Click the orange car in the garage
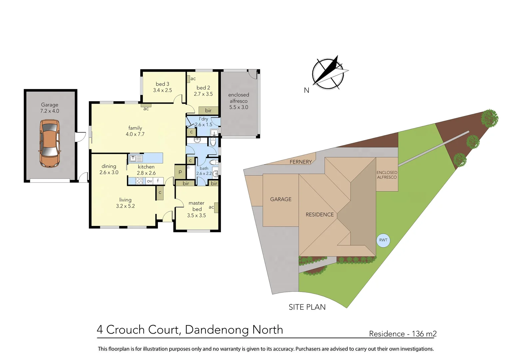tap(50, 143)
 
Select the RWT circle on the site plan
tap(383, 240)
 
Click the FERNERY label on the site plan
tap(300, 162)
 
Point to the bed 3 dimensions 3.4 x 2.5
tap(163, 90)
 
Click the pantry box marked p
tap(180, 172)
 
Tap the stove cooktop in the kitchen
tap(139, 181)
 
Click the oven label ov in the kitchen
tap(150, 181)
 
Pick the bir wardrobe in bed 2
tap(208, 110)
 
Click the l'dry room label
tap(204, 119)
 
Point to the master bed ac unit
tap(216, 207)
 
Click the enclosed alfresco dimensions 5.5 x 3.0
tap(239, 107)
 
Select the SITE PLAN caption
tap(307, 307)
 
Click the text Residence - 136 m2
tap(402, 334)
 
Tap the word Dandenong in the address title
tap(216, 330)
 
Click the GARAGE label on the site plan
tap(280, 199)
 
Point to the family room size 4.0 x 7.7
tap(135, 134)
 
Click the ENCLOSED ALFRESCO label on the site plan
tap(387, 175)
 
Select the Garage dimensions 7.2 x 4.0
tap(50, 111)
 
